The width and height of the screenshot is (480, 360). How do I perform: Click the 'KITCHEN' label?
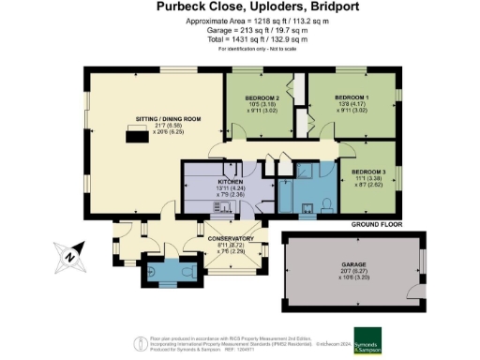pos(232,180)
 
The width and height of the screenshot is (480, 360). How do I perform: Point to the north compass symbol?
pos(68,252)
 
